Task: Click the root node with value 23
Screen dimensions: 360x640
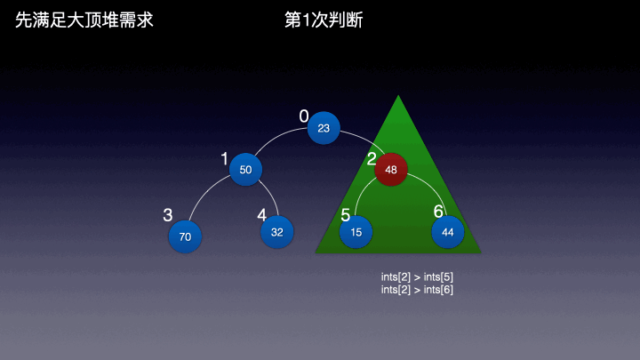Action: point(324,128)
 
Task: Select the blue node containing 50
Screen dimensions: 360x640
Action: point(245,169)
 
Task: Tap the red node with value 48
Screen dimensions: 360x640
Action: point(391,169)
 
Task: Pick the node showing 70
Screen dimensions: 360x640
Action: point(185,236)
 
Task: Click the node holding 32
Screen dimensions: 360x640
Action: point(276,231)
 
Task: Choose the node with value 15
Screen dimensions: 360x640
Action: point(356,231)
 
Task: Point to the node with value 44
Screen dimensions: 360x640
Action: point(448,231)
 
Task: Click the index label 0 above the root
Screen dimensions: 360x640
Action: point(304,116)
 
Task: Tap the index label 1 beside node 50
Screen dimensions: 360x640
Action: point(225,158)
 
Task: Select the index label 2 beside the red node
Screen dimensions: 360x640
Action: point(372,159)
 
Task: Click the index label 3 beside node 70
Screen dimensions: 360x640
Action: point(167,215)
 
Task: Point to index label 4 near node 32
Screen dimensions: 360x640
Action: point(261,215)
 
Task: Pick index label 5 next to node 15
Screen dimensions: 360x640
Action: point(346,215)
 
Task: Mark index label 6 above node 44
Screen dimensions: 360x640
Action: point(438,212)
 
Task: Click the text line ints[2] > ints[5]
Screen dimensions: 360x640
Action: point(417,277)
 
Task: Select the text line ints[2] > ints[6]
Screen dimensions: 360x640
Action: point(417,290)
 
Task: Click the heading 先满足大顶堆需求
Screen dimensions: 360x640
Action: point(84,20)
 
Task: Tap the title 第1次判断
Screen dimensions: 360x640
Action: point(323,20)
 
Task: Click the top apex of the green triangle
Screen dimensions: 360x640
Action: point(398,96)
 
